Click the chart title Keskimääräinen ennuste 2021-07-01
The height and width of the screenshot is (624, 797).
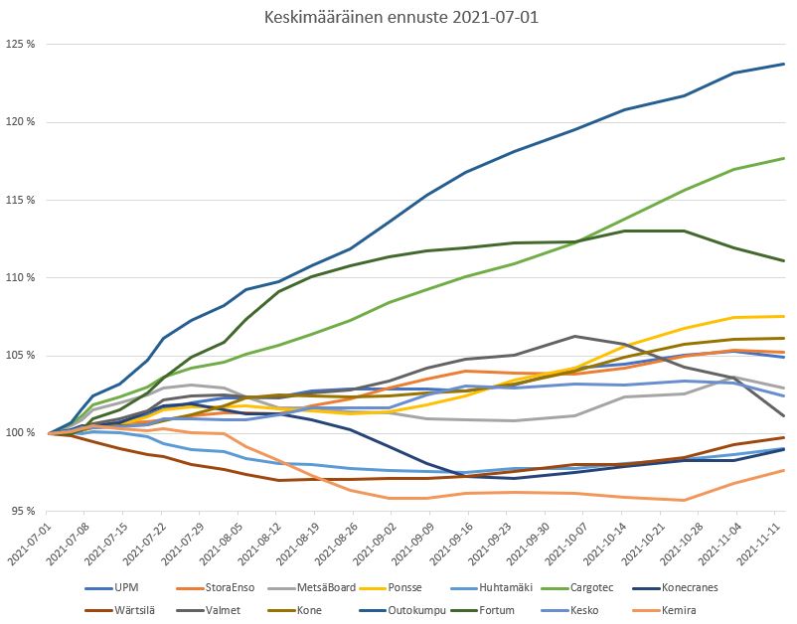(398, 18)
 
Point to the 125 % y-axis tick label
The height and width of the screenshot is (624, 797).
(21, 45)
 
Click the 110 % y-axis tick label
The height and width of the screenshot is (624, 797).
(21, 277)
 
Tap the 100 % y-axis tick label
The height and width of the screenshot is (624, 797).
(21, 433)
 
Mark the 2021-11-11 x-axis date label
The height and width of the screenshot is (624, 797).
(771, 546)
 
